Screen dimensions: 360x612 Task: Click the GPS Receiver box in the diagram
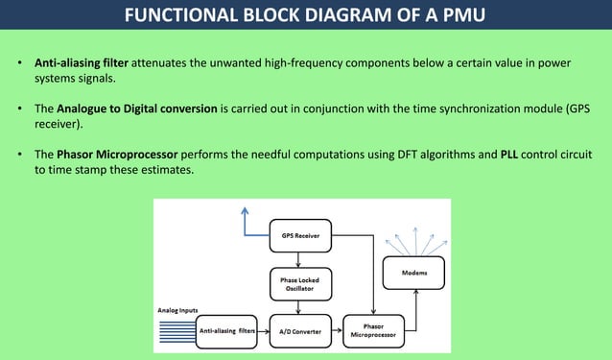(x=300, y=234)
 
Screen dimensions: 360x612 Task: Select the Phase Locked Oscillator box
(x=300, y=283)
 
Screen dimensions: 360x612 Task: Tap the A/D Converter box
(x=299, y=330)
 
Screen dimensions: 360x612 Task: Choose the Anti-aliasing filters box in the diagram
(x=231, y=330)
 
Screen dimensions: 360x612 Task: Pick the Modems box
(x=414, y=273)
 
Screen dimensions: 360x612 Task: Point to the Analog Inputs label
(x=178, y=310)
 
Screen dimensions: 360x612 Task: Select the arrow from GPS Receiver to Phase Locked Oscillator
(x=300, y=257)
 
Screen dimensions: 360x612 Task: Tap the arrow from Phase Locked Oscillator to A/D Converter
(x=300, y=306)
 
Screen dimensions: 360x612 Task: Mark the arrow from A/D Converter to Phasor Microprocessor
(x=335, y=330)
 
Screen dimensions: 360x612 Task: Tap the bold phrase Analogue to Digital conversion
(x=137, y=108)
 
